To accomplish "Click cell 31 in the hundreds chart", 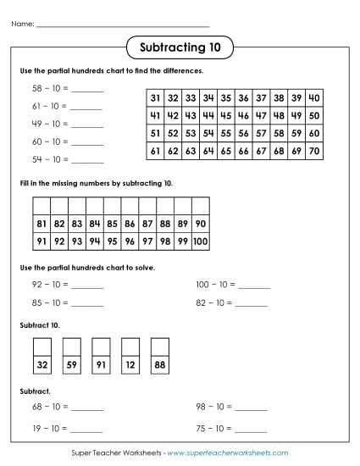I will [x=155, y=97].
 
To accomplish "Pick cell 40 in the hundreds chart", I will [x=313, y=97].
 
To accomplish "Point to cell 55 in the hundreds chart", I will [x=225, y=133].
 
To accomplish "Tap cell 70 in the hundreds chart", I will [x=313, y=151].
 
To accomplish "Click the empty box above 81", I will [x=42, y=207].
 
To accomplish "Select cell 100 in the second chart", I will [x=201, y=241].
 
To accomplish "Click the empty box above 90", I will [x=201, y=207].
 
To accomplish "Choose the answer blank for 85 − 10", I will [x=87, y=302].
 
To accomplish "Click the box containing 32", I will [x=42, y=365].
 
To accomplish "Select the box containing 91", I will [x=101, y=365].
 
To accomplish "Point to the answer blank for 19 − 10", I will [x=87, y=428].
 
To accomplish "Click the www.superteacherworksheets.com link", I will [x=227, y=454].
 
